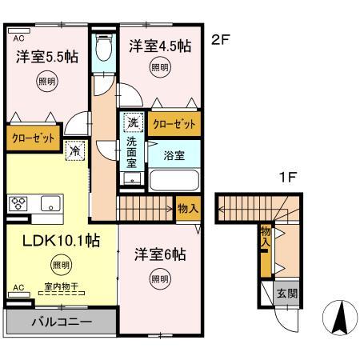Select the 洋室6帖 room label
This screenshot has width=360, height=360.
[x=159, y=254]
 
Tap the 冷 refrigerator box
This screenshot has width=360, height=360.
[x=74, y=149]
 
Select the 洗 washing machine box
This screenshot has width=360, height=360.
[x=133, y=123]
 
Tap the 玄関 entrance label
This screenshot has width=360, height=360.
[x=286, y=294]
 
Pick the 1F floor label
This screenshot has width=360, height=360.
[x=286, y=178]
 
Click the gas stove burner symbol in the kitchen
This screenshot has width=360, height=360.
[x=18, y=203]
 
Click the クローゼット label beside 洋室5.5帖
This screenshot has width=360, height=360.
[x=32, y=138]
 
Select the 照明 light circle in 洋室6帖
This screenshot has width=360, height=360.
[x=159, y=278]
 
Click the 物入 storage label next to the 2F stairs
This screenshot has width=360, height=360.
[x=188, y=208]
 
